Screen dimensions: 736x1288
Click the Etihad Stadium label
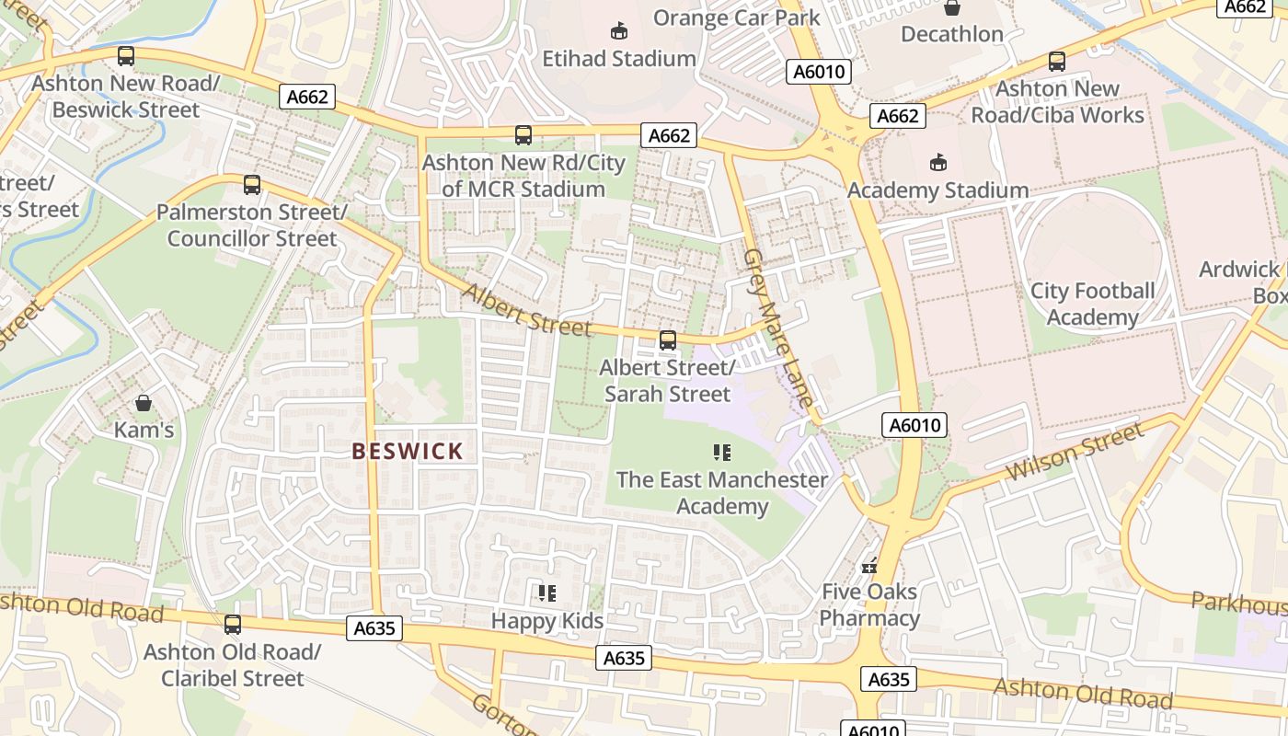pyautogui.click(x=618, y=59)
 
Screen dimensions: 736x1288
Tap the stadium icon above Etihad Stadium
pyautogui.click(x=619, y=30)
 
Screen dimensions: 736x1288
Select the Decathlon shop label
pyautogui.click(x=951, y=34)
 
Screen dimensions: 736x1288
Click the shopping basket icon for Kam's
pyautogui.click(x=144, y=403)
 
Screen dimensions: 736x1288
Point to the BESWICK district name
pyautogui.click(x=408, y=451)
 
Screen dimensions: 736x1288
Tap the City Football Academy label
pyautogui.click(x=1092, y=305)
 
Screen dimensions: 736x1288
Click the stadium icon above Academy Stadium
pyautogui.click(x=937, y=162)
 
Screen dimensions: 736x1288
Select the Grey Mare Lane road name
pyautogui.click(x=778, y=328)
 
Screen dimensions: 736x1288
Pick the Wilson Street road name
pyautogui.click(x=1075, y=452)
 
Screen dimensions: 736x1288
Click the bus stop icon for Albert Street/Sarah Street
pyautogui.click(x=668, y=340)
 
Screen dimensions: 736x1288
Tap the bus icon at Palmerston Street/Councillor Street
pyautogui.click(x=252, y=185)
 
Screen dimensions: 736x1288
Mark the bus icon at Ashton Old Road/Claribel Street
pyautogui.click(x=233, y=625)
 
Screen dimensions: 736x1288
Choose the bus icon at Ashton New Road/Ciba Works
pyautogui.click(x=1057, y=62)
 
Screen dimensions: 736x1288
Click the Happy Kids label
pyautogui.click(x=547, y=621)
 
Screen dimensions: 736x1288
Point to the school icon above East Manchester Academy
pyautogui.click(x=722, y=452)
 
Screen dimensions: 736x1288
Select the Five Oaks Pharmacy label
pyautogui.click(x=869, y=604)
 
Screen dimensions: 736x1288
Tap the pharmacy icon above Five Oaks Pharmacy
pyautogui.click(x=869, y=566)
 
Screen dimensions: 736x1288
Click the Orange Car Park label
pyautogui.click(x=736, y=17)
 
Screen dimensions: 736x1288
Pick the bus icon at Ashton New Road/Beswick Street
pyautogui.click(x=126, y=56)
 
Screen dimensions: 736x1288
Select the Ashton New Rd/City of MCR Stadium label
pyautogui.click(x=523, y=176)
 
